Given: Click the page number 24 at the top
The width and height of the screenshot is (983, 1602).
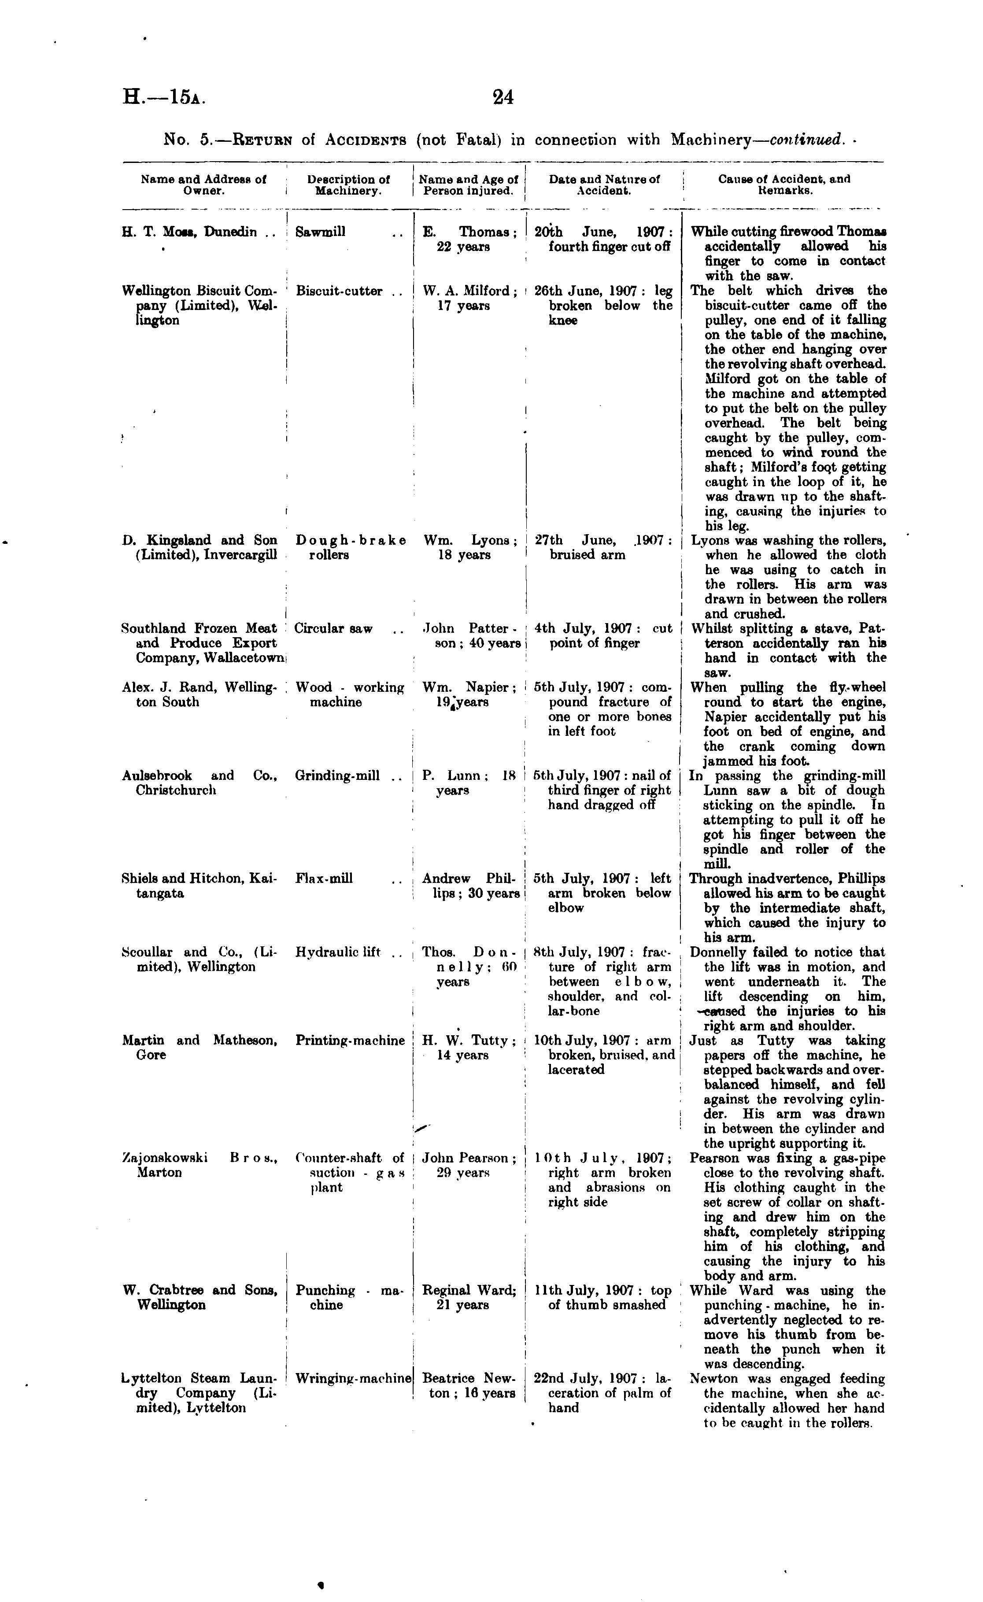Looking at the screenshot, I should point(503,97).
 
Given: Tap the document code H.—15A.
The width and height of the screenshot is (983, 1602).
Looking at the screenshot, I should point(164,97).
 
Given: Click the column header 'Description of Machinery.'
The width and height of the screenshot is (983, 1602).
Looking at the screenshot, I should point(348,185).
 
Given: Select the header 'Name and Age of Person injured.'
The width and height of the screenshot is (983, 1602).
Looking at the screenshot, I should point(468,185).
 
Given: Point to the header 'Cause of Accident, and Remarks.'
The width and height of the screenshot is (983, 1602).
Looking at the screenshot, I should point(784,185).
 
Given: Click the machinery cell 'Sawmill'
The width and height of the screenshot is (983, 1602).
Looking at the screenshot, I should point(321,232).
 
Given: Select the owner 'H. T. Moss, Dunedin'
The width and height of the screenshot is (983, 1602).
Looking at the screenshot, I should point(189,232).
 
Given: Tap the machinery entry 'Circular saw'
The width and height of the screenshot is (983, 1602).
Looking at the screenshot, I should point(333,629).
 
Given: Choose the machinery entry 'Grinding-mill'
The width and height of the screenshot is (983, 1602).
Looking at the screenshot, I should point(337,775).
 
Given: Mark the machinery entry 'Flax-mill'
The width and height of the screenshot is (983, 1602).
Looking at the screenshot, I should point(324,879).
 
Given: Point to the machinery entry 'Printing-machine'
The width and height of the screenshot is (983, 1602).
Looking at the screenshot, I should point(350,1040).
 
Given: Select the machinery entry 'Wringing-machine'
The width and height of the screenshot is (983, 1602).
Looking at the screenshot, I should point(354,1378).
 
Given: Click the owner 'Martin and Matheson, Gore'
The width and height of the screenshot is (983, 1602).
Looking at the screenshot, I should point(200,1048).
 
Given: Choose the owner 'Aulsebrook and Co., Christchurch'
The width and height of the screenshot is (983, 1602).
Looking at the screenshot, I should point(200,783).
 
